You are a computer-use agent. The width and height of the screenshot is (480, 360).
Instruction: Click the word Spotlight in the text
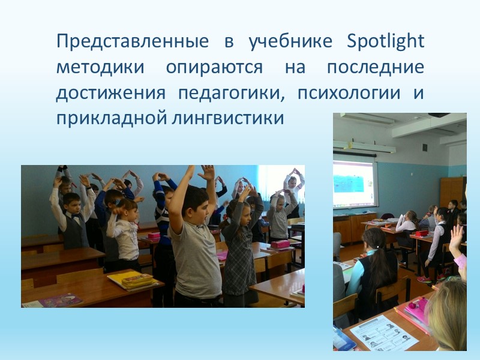click(386, 43)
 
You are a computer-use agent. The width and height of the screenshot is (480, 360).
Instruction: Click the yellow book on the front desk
click(133, 278)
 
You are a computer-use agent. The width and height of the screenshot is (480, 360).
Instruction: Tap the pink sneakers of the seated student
click(425, 279)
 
